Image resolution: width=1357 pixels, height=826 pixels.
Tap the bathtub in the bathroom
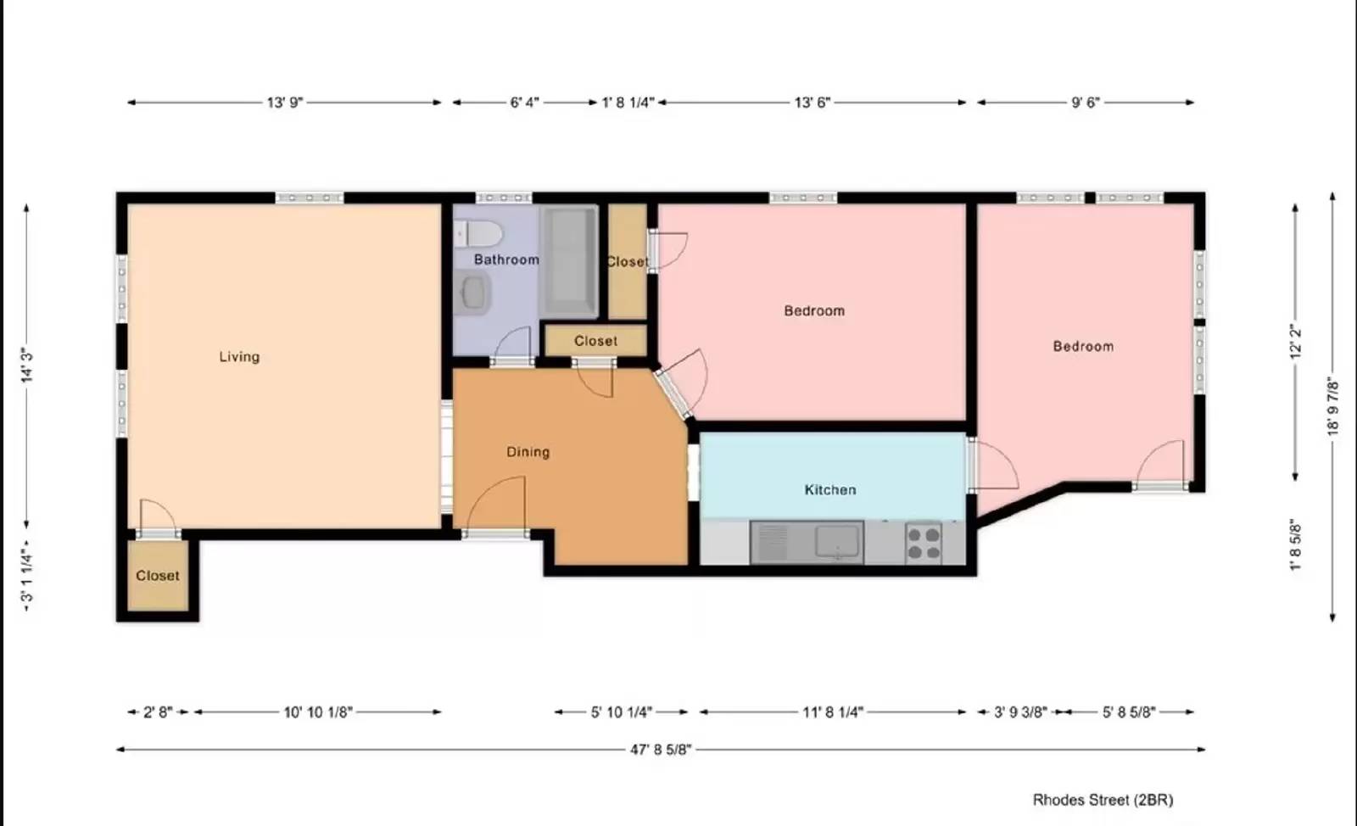(x=570, y=261)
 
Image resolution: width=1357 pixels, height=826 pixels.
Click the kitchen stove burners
(x=924, y=544)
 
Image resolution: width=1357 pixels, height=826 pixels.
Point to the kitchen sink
(x=839, y=542)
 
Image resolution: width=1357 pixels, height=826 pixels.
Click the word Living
(x=239, y=357)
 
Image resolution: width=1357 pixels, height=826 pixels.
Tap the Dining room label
(x=528, y=452)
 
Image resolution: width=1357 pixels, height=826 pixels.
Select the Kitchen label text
(x=829, y=490)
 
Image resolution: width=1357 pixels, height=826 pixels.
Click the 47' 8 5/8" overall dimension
(x=661, y=750)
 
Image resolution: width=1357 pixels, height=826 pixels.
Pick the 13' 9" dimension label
(x=284, y=103)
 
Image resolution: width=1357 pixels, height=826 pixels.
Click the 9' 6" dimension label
(x=1085, y=103)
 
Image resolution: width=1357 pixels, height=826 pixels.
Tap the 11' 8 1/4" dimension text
(x=832, y=712)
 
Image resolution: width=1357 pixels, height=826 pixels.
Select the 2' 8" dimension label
(x=158, y=712)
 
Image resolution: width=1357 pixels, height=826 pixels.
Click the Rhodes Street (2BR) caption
(x=1103, y=800)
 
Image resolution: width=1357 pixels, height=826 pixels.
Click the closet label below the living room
(x=158, y=576)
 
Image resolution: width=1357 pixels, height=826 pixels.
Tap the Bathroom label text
(x=506, y=260)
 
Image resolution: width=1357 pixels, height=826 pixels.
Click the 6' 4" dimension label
(x=524, y=103)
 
